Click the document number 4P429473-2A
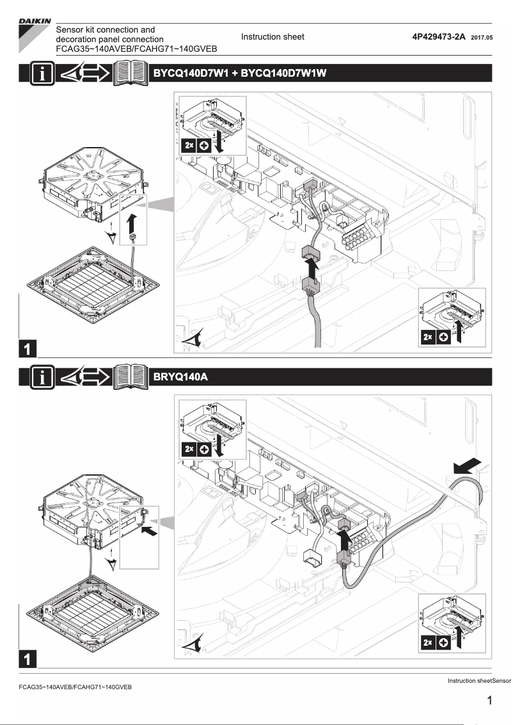[439, 37]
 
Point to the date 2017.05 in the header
[482, 38]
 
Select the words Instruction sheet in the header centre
[272, 37]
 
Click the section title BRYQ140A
[181, 377]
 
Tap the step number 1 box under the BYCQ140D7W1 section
[28, 348]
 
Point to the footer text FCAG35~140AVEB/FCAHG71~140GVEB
[75, 687]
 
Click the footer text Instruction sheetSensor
[480, 680]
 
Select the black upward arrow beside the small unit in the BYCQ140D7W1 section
[132, 226]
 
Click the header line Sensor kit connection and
[106, 29]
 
